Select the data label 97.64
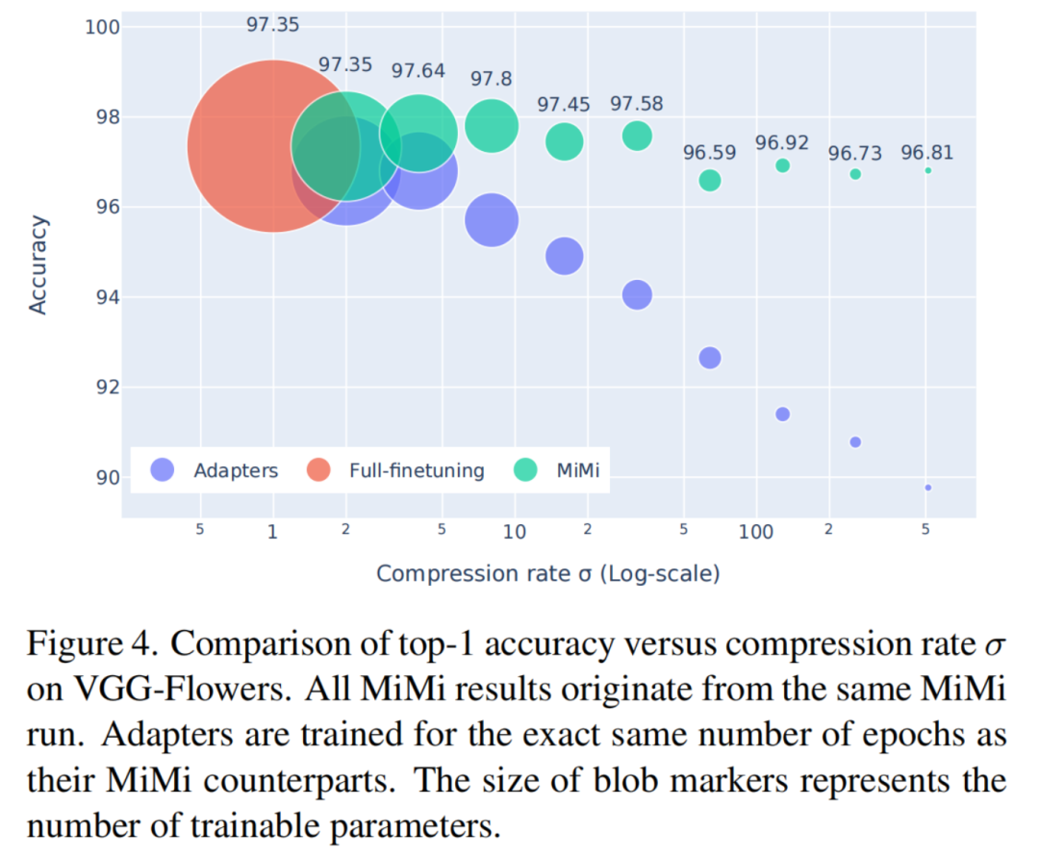click(418, 70)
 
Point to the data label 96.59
click(709, 153)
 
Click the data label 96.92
click(781, 142)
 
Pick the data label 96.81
click(927, 152)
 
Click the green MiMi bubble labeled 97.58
click(637, 136)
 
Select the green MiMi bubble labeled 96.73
click(855, 174)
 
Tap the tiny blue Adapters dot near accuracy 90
click(927, 488)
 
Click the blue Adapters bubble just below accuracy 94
click(637, 294)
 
